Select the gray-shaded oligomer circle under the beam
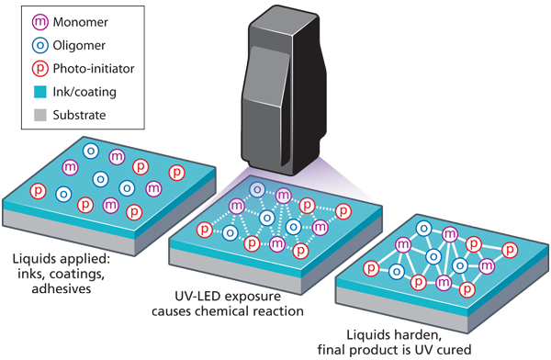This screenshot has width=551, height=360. coord(258,188)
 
